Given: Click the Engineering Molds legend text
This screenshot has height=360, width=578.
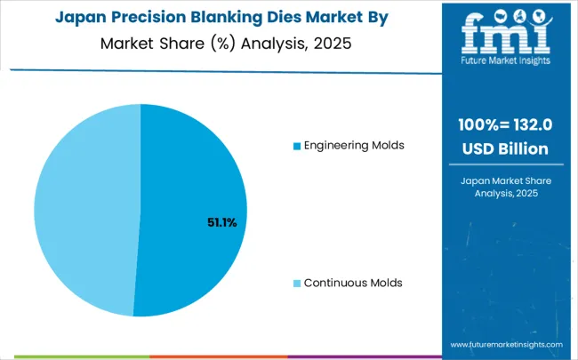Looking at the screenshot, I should pos(355,145).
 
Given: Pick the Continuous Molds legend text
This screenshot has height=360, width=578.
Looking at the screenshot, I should pos(353,283).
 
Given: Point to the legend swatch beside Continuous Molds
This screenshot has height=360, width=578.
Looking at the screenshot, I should pos(297,284).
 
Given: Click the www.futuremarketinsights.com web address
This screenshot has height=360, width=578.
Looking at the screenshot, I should pos(507,344).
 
